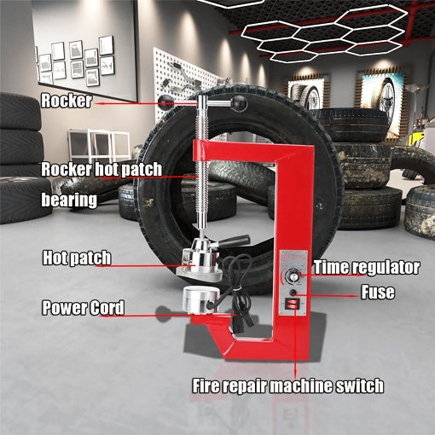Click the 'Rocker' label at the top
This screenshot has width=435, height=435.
pyautogui.click(x=66, y=101)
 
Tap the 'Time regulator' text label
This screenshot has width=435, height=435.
pyautogui.click(x=366, y=267)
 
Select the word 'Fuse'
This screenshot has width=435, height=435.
pyautogui.click(x=376, y=293)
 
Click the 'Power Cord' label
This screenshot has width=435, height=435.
pyautogui.click(x=84, y=308)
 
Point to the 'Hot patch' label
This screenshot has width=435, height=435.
pyautogui.click(x=77, y=257)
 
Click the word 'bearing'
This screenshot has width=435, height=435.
pyautogui.click(x=69, y=202)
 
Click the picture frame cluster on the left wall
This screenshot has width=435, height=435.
pyautogui.click(x=76, y=60)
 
